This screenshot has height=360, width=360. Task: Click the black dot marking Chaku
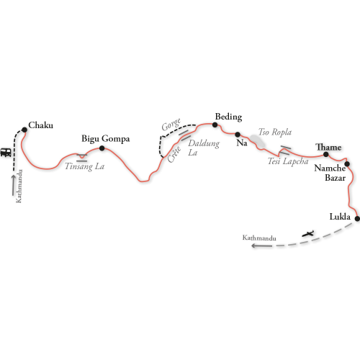pos(24,130)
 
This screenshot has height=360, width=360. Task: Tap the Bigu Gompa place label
pos(106,139)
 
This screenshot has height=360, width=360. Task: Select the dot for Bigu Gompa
pos(102,148)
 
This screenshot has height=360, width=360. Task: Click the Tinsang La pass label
pos(85,166)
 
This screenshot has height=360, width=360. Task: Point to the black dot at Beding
pos(215,125)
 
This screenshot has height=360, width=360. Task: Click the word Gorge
pos(171,125)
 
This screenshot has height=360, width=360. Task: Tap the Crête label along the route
pos(174,155)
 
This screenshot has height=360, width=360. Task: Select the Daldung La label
pos(204,148)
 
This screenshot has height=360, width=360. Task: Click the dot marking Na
pos(238,135)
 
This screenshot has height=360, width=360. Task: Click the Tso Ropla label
pos(275,132)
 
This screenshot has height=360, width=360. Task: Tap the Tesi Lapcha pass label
pos(288,161)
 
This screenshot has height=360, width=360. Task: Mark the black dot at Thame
pos(326,154)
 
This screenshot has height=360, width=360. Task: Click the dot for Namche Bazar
pos(347,164)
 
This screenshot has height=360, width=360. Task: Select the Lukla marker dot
pos(357,219)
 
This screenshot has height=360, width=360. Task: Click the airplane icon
pos(308,233)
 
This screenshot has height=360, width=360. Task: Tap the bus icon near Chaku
pos(6,153)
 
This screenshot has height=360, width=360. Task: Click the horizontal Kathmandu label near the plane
pos(259,238)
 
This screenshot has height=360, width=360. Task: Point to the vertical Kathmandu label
pos(19,186)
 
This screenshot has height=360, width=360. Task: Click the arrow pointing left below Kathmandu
pos(261,246)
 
